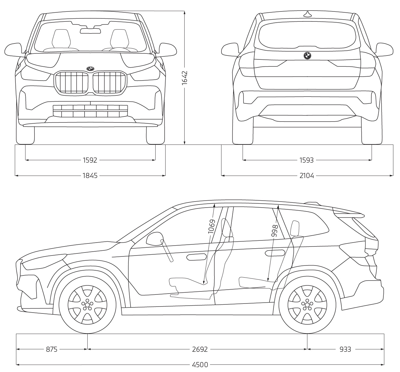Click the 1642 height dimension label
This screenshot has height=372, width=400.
click(185, 78)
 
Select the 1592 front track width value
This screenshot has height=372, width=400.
click(90, 160)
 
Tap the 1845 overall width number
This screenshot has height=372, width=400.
click(90, 175)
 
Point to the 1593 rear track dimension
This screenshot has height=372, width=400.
click(306, 160)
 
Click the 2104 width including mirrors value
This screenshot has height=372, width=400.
click(307, 175)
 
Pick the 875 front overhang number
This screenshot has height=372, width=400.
click(52, 349)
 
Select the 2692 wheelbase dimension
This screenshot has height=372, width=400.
click(200, 349)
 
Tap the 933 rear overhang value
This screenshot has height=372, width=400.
click(345, 349)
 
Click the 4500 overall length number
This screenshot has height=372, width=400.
click(200, 365)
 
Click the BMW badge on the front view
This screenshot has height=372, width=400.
click(90, 68)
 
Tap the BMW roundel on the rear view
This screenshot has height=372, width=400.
click(308, 56)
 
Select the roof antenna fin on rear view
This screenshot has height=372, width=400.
click(308, 14)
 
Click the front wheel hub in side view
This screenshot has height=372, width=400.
click(87, 305)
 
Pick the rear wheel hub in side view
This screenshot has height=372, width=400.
click(307, 305)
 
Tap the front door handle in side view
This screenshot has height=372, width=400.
click(196, 257)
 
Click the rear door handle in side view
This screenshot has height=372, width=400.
click(274, 253)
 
